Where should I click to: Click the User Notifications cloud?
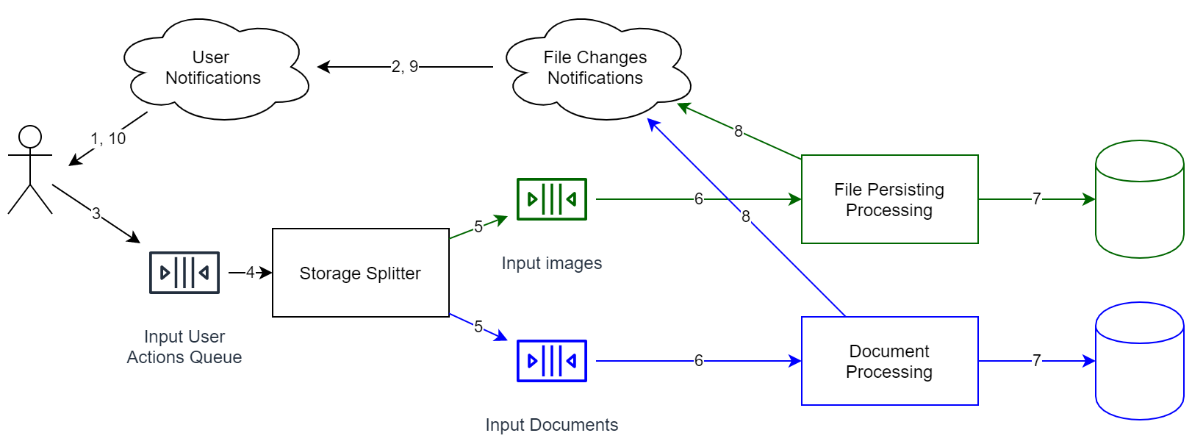pyautogui.click(x=213, y=68)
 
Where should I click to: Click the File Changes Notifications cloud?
pyautogui.click(x=595, y=68)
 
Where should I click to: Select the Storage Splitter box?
pyautogui.click(x=360, y=273)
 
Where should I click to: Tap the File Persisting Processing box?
pyautogui.click(x=889, y=199)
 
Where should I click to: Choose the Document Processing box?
pyautogui.click(x=889, y=361)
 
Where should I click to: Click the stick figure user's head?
pyautogui.click(x=30, y=137)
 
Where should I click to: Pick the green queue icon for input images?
pyautogui.click(x=552, y=199)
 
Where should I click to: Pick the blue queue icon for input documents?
pyautogui.click(x=552, y=361)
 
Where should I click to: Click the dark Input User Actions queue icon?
pyautogui.click(x=184, y=273)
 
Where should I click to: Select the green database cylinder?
pyautogui.click(x=1139, y=199)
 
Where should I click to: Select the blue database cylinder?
pyautogui.click(x=1139, y=361)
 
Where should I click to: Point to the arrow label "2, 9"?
pyautogui.click(x=404, y=67)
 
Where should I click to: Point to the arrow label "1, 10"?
pyautogui.click(x=108, y=138)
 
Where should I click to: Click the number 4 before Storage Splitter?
pyautogui.click(x=250, y=273)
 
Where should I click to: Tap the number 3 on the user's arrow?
pyautogui.click(x=96, y=213)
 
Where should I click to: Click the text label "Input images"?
pyautogui.click(x=552, y=263)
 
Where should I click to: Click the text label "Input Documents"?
pyautogui.click(x=552, y=425)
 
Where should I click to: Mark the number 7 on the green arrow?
pyautogui.click(x=1036, y=199)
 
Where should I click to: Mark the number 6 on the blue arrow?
pyautogui.click(x=698, y=361)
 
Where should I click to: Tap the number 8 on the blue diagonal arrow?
pyautogui.click(x=746, y=216)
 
